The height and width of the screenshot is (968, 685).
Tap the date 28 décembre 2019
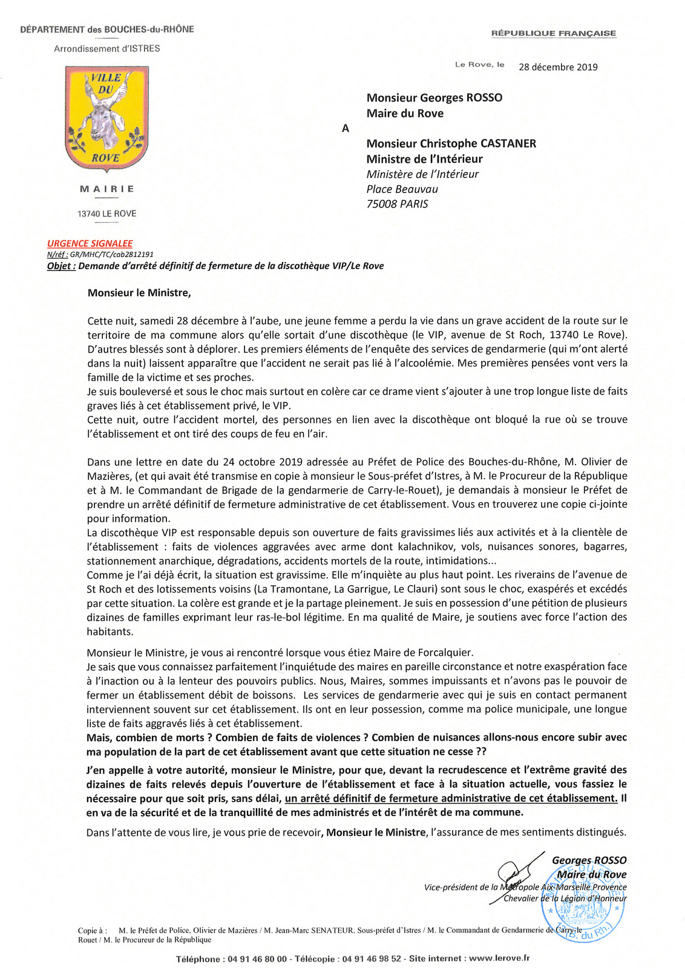pos(558,67)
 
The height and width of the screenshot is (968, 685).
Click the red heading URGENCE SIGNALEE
pos(90,243)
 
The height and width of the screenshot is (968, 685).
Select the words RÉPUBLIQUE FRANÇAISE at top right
pos(553,33)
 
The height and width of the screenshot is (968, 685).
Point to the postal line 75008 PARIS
pos(397,204)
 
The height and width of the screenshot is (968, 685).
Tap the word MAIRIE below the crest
pos(107,189)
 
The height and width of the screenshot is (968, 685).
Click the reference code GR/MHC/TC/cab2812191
pos(111,255)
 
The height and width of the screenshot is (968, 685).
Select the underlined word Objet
pos(61,266)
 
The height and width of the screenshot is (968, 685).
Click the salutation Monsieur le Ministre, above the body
pos(139,293)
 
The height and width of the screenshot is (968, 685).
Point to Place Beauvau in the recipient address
pos(402,189)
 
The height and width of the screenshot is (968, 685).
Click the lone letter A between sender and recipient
pos(346,128)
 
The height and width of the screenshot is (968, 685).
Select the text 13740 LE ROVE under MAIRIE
pos(107,214)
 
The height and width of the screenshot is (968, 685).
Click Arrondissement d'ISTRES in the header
pos(107,48)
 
